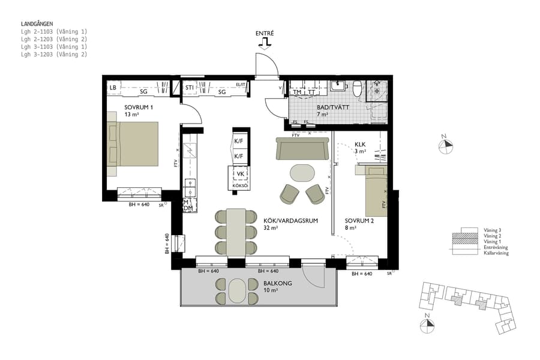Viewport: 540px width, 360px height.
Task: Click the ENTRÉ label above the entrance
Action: coord(265,34)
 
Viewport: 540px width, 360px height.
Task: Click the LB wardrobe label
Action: coord(112,88)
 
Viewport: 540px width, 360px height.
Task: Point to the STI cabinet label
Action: coord(189,88)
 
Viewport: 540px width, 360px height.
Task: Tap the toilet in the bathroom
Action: coord(357,88)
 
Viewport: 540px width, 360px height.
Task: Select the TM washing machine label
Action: coord(297,92)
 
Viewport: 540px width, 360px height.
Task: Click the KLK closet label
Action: coord(360,145)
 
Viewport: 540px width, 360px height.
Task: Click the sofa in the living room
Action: coord(302,149)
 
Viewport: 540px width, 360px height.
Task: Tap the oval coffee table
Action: coord(302,173)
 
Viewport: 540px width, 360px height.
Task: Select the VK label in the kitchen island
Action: coord(241,174)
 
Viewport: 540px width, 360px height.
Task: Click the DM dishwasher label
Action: coord(188,208)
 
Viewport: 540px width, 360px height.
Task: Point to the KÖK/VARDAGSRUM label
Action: coord(290,221)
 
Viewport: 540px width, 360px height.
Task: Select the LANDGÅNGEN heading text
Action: coord(37,23)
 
